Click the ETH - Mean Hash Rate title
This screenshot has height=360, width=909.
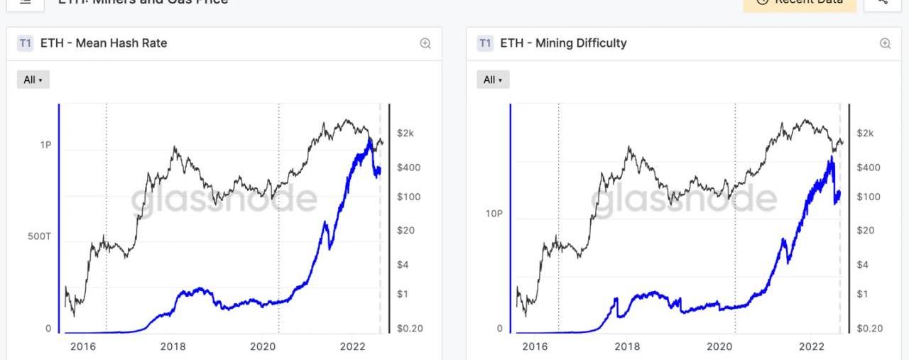click(104, 43)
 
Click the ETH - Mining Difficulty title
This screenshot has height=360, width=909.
click(563, 43)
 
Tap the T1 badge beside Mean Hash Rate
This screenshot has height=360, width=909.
click(26, 43)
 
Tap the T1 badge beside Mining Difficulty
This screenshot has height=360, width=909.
click(485, 43)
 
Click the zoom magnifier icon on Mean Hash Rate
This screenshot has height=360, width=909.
click(425, 43)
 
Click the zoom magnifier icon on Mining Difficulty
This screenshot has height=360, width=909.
click(885, 43)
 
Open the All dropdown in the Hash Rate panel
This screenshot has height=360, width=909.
click(33, 80)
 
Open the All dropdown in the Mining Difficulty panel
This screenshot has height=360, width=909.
click(492, 80)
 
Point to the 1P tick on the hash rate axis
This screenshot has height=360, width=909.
click(45, 145)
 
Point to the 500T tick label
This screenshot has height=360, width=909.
click(39, 236)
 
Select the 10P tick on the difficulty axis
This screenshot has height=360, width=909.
click(494, 214)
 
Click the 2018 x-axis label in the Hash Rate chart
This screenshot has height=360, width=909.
click(173, 347)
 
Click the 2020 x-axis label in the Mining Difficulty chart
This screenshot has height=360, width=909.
click(719, 347)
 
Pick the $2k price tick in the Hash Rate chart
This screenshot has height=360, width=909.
click(410, 133)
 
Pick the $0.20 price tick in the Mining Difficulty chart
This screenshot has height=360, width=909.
click(869, 328)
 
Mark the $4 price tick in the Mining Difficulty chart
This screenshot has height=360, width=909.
click(863, 265)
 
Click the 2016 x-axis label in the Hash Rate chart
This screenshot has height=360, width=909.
click(83, 347)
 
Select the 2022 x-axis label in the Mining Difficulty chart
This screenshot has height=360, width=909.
click(811, 347)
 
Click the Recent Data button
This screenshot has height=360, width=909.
click(800, 2)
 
